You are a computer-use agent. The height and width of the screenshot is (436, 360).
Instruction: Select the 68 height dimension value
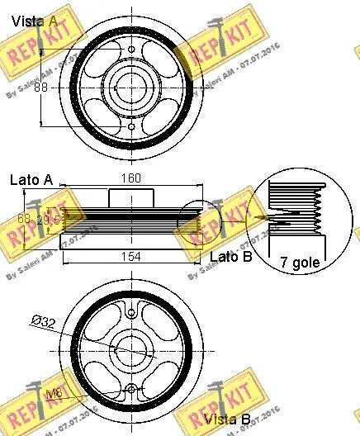(24, 219)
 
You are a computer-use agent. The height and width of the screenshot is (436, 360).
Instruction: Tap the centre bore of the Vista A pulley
(132, 85)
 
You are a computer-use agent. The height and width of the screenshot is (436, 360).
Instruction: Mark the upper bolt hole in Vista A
(132, 50)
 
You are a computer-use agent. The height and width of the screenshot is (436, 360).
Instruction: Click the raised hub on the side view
(132, 199)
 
